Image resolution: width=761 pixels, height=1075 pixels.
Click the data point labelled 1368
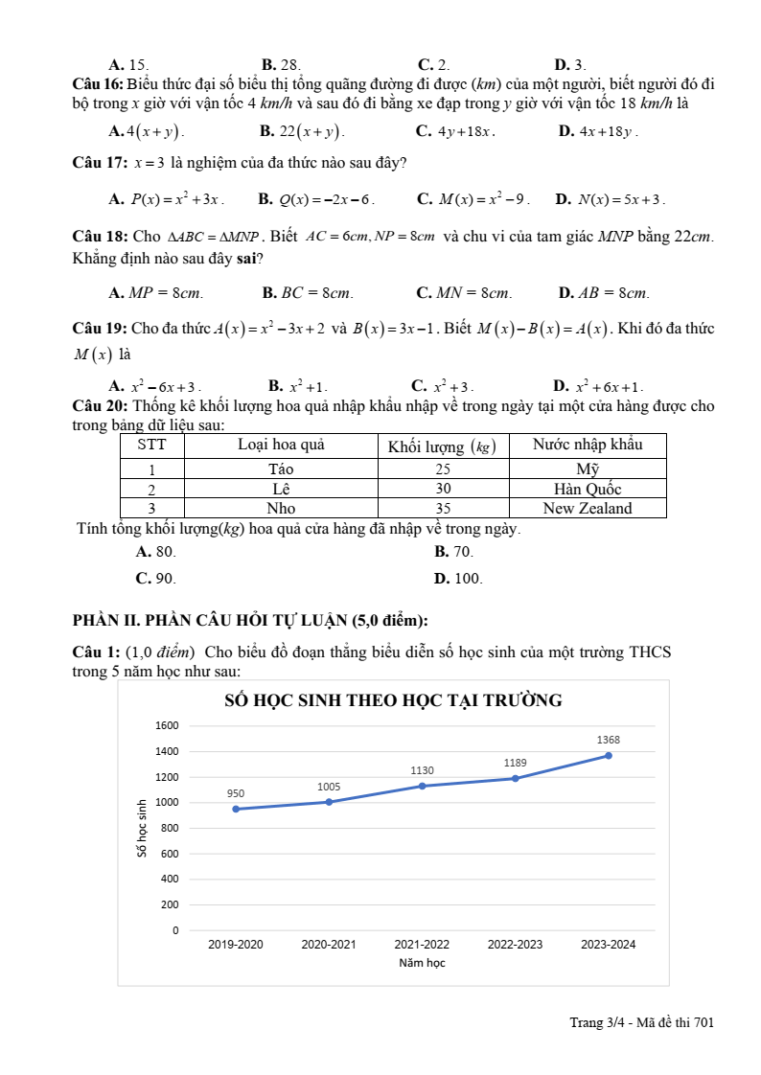[608, 755]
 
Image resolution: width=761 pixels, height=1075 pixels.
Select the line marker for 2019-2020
[236, 809]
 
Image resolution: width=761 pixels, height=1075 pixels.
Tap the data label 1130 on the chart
[422, 770]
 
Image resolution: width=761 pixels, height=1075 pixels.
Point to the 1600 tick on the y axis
[167, 725]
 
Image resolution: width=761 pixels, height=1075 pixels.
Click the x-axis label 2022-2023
[515, 945]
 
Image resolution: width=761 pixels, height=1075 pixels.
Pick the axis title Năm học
[422, 963]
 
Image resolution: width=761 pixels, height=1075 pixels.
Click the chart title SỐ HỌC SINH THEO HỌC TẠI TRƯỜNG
[393, 700]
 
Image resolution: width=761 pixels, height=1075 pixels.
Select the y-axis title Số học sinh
[142, 827]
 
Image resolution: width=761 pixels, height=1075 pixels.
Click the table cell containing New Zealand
[588, 509]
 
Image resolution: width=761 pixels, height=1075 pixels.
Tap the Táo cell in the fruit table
[281, 469]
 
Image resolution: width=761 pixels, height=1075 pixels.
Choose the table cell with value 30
[443, 489]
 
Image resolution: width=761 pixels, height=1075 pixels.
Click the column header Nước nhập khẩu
[588, 445]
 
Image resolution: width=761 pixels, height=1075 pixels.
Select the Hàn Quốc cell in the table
[588, 489]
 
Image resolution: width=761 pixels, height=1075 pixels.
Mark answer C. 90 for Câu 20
[155, 579]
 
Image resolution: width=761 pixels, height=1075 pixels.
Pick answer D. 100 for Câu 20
[457, 579]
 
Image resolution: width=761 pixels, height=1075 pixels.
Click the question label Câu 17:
[100, 163]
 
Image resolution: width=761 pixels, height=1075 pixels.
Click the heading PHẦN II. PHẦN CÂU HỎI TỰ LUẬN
[250, 619]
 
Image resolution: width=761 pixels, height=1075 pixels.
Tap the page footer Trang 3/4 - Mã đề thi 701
[641, 1022]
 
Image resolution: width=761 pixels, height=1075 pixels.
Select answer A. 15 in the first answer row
[128, 65]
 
